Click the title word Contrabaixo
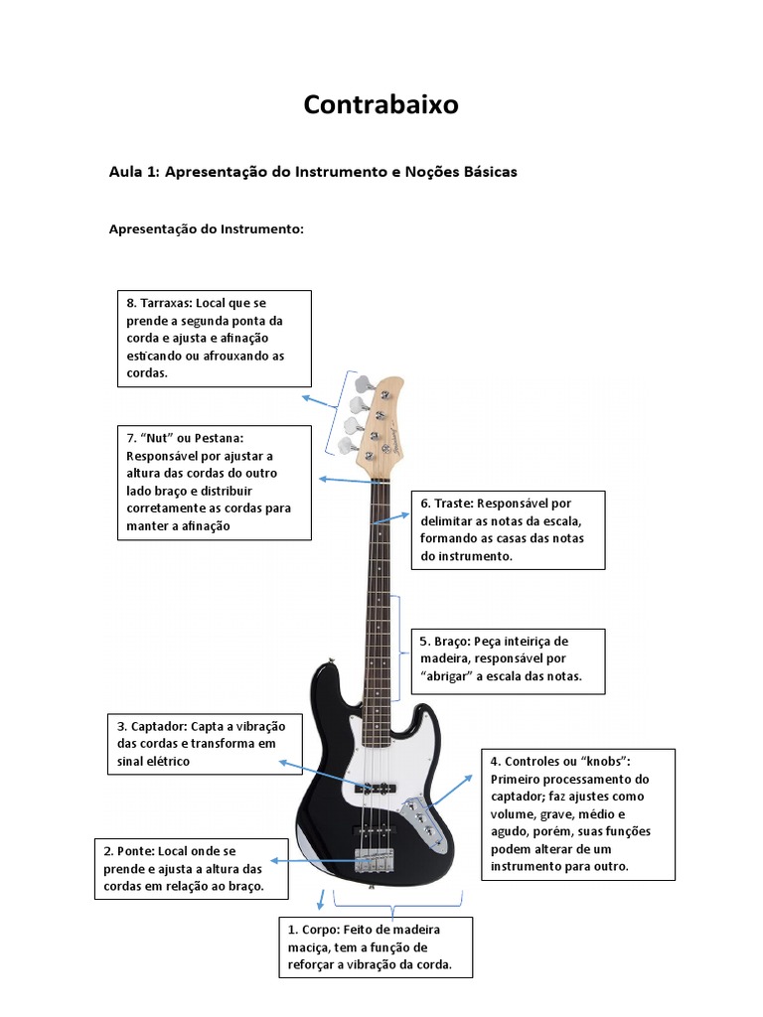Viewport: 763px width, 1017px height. click(x=381, y=104)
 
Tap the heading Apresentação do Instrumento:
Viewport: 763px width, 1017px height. click(x=207, y=229)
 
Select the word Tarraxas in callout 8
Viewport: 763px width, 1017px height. click(x=166, y=303)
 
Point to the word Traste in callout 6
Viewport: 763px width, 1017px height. click(x=453, y=504)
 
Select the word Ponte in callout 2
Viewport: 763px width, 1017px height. click(x=135, y=851)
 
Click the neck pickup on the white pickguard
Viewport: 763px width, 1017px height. click(x=375, y=788)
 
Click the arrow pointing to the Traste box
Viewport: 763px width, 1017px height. click(x=391, y=518)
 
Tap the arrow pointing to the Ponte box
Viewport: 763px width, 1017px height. click(x=314, y=861)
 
